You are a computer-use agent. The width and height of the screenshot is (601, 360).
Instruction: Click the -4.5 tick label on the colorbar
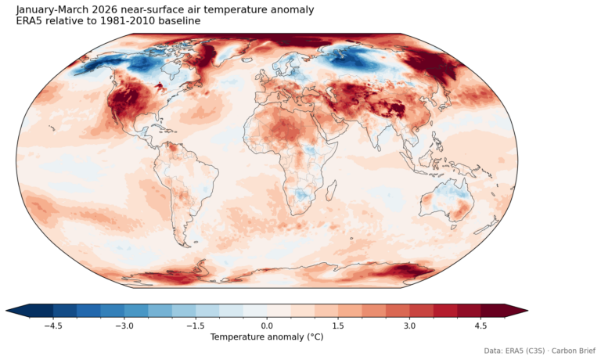click(53, 325)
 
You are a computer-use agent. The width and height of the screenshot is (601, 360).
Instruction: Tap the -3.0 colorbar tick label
click(124, 325)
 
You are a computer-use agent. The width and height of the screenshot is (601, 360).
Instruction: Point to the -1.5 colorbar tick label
click(196, 325)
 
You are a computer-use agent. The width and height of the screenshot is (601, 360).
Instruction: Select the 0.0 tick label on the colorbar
click(267, 325)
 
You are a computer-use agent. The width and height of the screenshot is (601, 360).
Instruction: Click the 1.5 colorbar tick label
click(337, 325)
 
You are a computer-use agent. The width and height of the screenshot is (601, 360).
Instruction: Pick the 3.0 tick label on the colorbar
click(409, 325)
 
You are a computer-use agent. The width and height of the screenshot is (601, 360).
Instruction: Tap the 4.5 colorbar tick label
click(480, 325)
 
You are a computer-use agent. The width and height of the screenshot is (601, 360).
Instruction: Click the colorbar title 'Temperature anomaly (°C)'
click(266, 337)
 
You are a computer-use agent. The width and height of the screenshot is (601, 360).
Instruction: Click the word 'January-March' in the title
click(53, 9)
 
